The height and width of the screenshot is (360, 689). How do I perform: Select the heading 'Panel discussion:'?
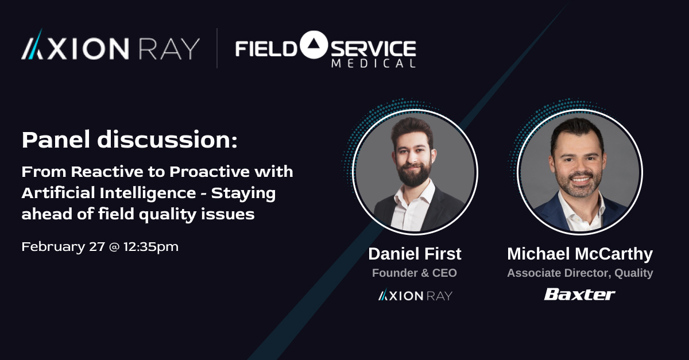[x=129, y=140]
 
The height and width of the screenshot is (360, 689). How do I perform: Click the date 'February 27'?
[x=63, y=247]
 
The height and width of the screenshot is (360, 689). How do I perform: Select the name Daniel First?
[x=415, y=253]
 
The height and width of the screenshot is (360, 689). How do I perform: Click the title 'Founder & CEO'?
[x=415, y=273]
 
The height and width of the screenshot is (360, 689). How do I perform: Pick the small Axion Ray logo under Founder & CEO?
[x=415, y=295]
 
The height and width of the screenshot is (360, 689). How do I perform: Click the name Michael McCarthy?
[x=580, y=253]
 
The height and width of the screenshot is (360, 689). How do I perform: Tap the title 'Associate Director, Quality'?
[x=580, y=273]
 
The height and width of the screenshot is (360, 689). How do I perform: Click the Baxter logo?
[x=579, y=295]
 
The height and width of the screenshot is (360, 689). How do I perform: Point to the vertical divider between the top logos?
[x=217, y=48]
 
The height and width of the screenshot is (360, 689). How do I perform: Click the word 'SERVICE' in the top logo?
[x=373, y=47]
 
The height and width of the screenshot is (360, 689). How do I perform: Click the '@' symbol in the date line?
[x=114, y=247]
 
